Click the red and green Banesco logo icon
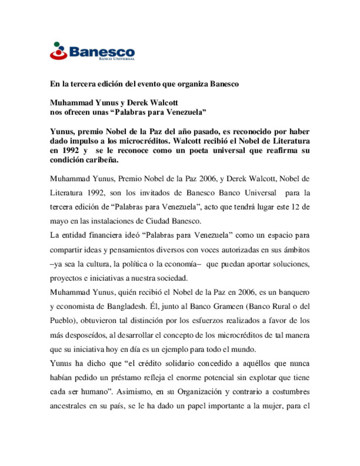(x=58, y=51)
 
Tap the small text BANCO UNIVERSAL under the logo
(x=117, y=59)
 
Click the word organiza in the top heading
(x=193, y=84)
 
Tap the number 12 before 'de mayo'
(x=295, y=207)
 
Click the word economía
(x=183, y=264)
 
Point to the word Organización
(x=199, y=392)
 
